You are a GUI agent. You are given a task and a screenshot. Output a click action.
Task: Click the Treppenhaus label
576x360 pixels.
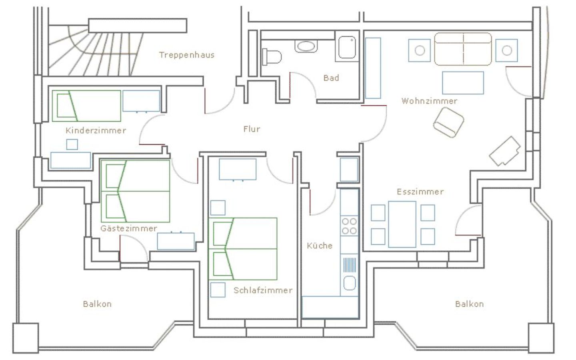pos(186,55)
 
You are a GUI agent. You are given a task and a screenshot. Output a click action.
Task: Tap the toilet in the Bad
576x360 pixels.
pos(271,57)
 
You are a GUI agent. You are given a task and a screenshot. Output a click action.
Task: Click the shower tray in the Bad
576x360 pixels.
pos(347,47)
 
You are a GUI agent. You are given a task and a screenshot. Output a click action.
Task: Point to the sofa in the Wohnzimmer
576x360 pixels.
pos(463,50)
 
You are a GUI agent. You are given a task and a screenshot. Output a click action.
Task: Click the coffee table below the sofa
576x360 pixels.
pos(463,83)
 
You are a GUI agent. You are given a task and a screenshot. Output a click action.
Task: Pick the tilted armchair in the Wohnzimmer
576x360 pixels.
pos(448,123)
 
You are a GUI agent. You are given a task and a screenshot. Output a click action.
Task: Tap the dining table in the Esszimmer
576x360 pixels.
pos(402,224)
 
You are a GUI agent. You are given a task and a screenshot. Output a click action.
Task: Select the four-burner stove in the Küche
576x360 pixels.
pos(349,226)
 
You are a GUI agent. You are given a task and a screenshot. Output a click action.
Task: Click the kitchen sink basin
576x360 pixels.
pos(349,283)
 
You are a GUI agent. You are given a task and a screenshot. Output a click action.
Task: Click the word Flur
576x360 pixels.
pos(252,129)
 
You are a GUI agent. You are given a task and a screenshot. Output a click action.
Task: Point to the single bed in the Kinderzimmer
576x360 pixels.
pos(86,106)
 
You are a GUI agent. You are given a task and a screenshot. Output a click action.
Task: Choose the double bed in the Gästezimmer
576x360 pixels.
pos(135,191)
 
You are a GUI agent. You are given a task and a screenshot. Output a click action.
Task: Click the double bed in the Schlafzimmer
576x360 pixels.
pos(243,249)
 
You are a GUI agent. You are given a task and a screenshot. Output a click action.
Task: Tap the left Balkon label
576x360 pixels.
pos(97,304)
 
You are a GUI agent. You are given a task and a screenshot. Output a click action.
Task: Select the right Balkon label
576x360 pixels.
pos(469,304)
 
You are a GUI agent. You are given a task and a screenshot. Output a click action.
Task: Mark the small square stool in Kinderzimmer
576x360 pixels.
pos(72,144)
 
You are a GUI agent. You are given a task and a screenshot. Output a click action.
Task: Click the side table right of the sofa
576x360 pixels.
pos(506,50)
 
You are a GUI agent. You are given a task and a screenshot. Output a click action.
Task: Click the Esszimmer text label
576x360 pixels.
pos(420,192)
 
